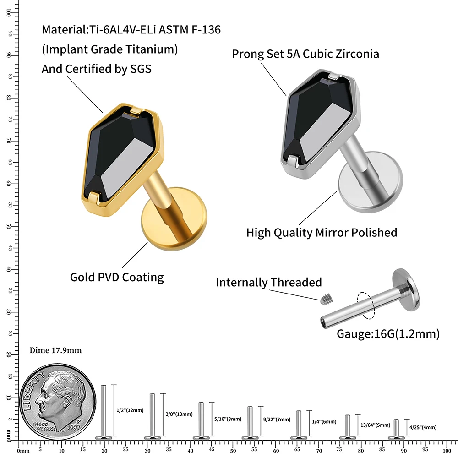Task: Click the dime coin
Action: coord(57,398)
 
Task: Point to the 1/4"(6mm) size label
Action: coord(324,422)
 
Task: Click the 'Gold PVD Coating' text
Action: coord(117,277)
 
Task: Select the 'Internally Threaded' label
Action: coord(269,283)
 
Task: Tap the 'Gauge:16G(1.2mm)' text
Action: coord(388,334)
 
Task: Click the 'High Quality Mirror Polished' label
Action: coord(322,233)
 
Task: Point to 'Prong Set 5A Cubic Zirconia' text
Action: coord(305,54)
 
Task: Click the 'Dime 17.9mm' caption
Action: coord(55,350)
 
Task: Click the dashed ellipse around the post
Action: coord(367,305)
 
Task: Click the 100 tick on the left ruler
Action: coord(9,13)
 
